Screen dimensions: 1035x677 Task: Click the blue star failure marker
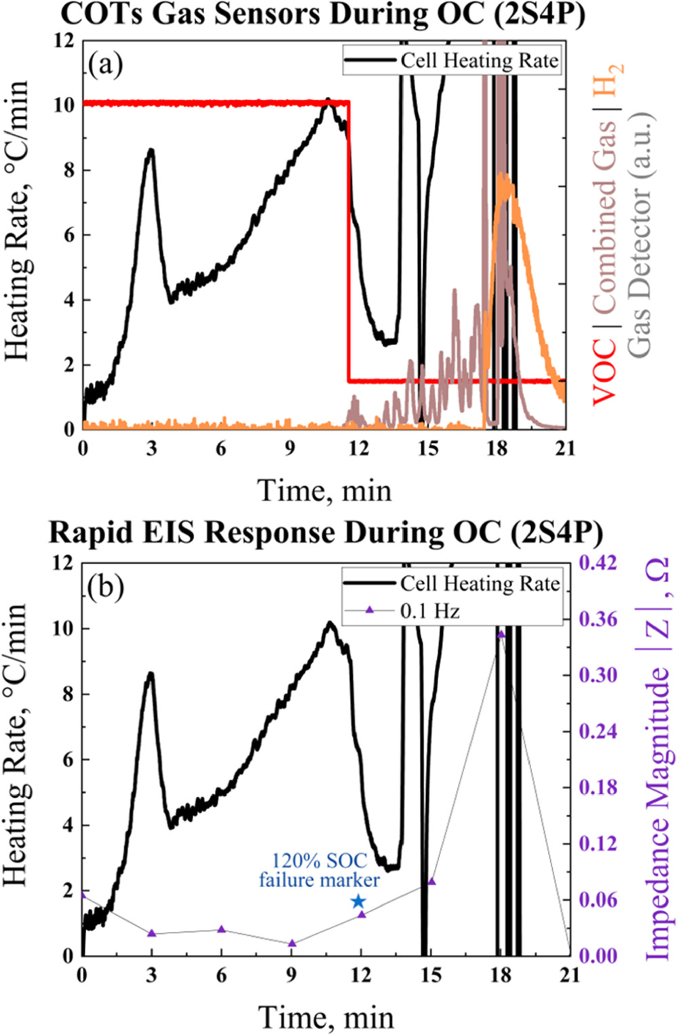359,901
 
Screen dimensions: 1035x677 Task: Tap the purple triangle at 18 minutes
501,634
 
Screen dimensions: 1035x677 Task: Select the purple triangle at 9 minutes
292,943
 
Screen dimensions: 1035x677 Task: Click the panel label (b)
105,587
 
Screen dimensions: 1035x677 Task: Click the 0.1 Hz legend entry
429,611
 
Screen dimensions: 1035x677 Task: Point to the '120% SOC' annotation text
320,861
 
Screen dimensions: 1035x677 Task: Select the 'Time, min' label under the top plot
325,490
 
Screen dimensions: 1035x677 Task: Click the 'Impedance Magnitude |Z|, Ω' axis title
657,760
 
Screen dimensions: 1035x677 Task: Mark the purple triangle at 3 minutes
152,934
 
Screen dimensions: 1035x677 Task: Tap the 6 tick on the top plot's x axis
221,449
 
